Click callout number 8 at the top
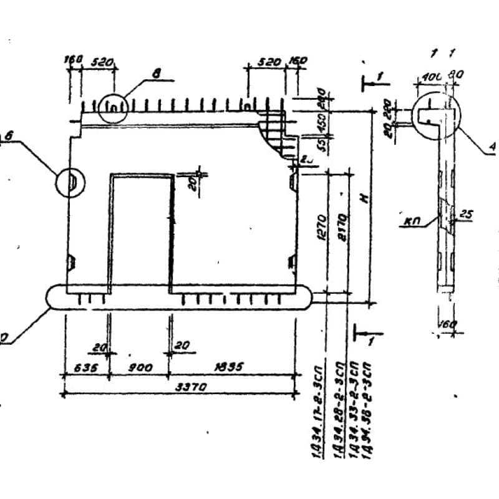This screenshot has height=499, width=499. click(x=155, y=74)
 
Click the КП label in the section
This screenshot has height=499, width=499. click(x=411, y=220)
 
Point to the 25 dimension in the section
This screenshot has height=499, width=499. click(x=467, y=215)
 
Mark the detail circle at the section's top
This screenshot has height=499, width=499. click(x=435, y=115)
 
